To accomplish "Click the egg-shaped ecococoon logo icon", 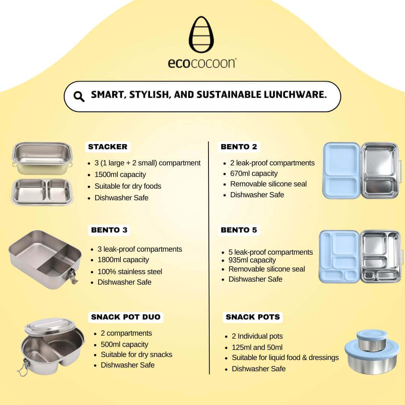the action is [x=201, y=34].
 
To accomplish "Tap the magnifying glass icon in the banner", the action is [x=79, y=97].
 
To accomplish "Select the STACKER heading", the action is [x=108, y=147].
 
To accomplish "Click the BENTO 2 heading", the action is [x=239, y=147].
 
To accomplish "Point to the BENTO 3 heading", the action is [x=109, y=230].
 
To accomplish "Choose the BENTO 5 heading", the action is [x=239, y=230].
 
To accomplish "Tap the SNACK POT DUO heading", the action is [x=126, y=317].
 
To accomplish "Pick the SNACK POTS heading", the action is [x=253, y=317].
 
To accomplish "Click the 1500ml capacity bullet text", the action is [x=120, y=175].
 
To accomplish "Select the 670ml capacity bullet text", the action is [x=254, y=174].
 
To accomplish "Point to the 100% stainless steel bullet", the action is [x=130, y=272].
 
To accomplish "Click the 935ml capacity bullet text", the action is [x=252, y=260].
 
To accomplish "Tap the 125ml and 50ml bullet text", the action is [x=257, y=347].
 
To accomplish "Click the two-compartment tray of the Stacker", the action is [x=42, y=192].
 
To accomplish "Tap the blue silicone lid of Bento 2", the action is [x=342, y=171].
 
